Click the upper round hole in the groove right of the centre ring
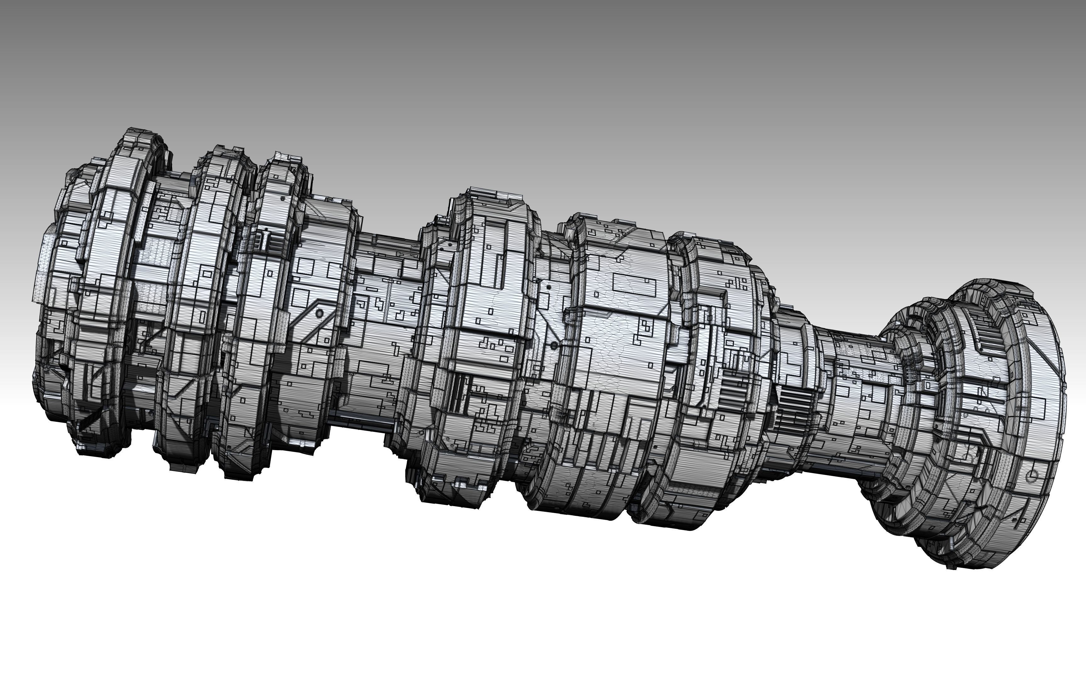pos(548,287)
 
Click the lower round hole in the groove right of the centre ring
pos(554,346)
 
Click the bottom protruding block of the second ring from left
pos(183,465)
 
